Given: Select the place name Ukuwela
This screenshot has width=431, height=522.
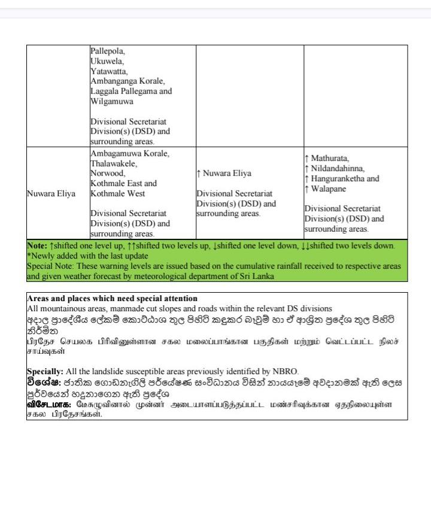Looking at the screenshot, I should click(107, 61).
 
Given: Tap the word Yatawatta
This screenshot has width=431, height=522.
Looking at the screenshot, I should click(109, 71).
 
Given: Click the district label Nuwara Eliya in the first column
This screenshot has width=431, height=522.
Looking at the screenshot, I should click(51, 194).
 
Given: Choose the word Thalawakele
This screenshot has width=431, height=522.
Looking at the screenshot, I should click(114, 163).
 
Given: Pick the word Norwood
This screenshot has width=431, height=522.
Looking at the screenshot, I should click(108, 174).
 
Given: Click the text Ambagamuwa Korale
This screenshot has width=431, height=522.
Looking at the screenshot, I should click(129, 153).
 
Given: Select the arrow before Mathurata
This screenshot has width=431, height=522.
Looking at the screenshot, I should click(306, 159).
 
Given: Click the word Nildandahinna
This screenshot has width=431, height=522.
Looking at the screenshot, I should click(338, 169).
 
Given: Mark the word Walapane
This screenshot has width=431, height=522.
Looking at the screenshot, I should click(331, 189).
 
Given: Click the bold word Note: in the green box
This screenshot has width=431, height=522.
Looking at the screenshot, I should click(37, 246).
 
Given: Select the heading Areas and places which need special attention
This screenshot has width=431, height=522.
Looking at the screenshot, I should click(112, 298).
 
